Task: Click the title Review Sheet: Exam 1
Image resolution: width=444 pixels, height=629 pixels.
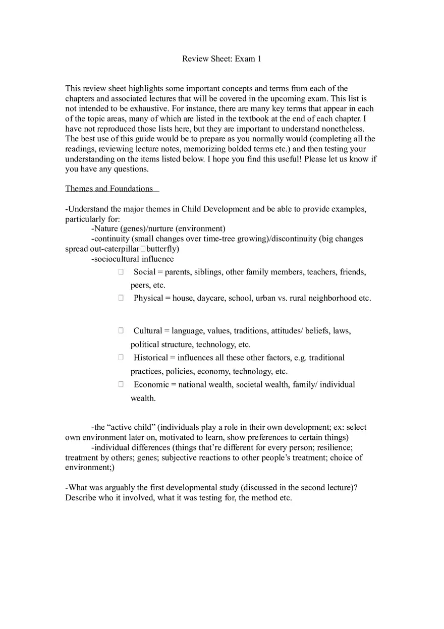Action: pyautogui.click(x=221, y=59)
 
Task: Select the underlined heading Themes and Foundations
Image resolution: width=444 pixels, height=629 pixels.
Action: pyautogui.click(x=109, y=189)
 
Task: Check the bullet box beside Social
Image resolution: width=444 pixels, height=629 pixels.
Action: pyautogui.click(x=121, y=272)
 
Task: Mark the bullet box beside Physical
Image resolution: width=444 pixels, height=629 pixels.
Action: pyautogui.click(x=121, y=298)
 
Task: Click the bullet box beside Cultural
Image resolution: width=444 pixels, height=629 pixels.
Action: pyautogui.click(x=121, y=330)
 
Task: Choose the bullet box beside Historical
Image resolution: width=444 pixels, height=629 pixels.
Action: pyautogui.click(x=121, y=357)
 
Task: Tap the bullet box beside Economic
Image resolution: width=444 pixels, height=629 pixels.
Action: pyautogui.click(x=121, y=384)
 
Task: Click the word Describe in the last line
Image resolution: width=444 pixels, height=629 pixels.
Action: pyautogui.click(x=81, y=498)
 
